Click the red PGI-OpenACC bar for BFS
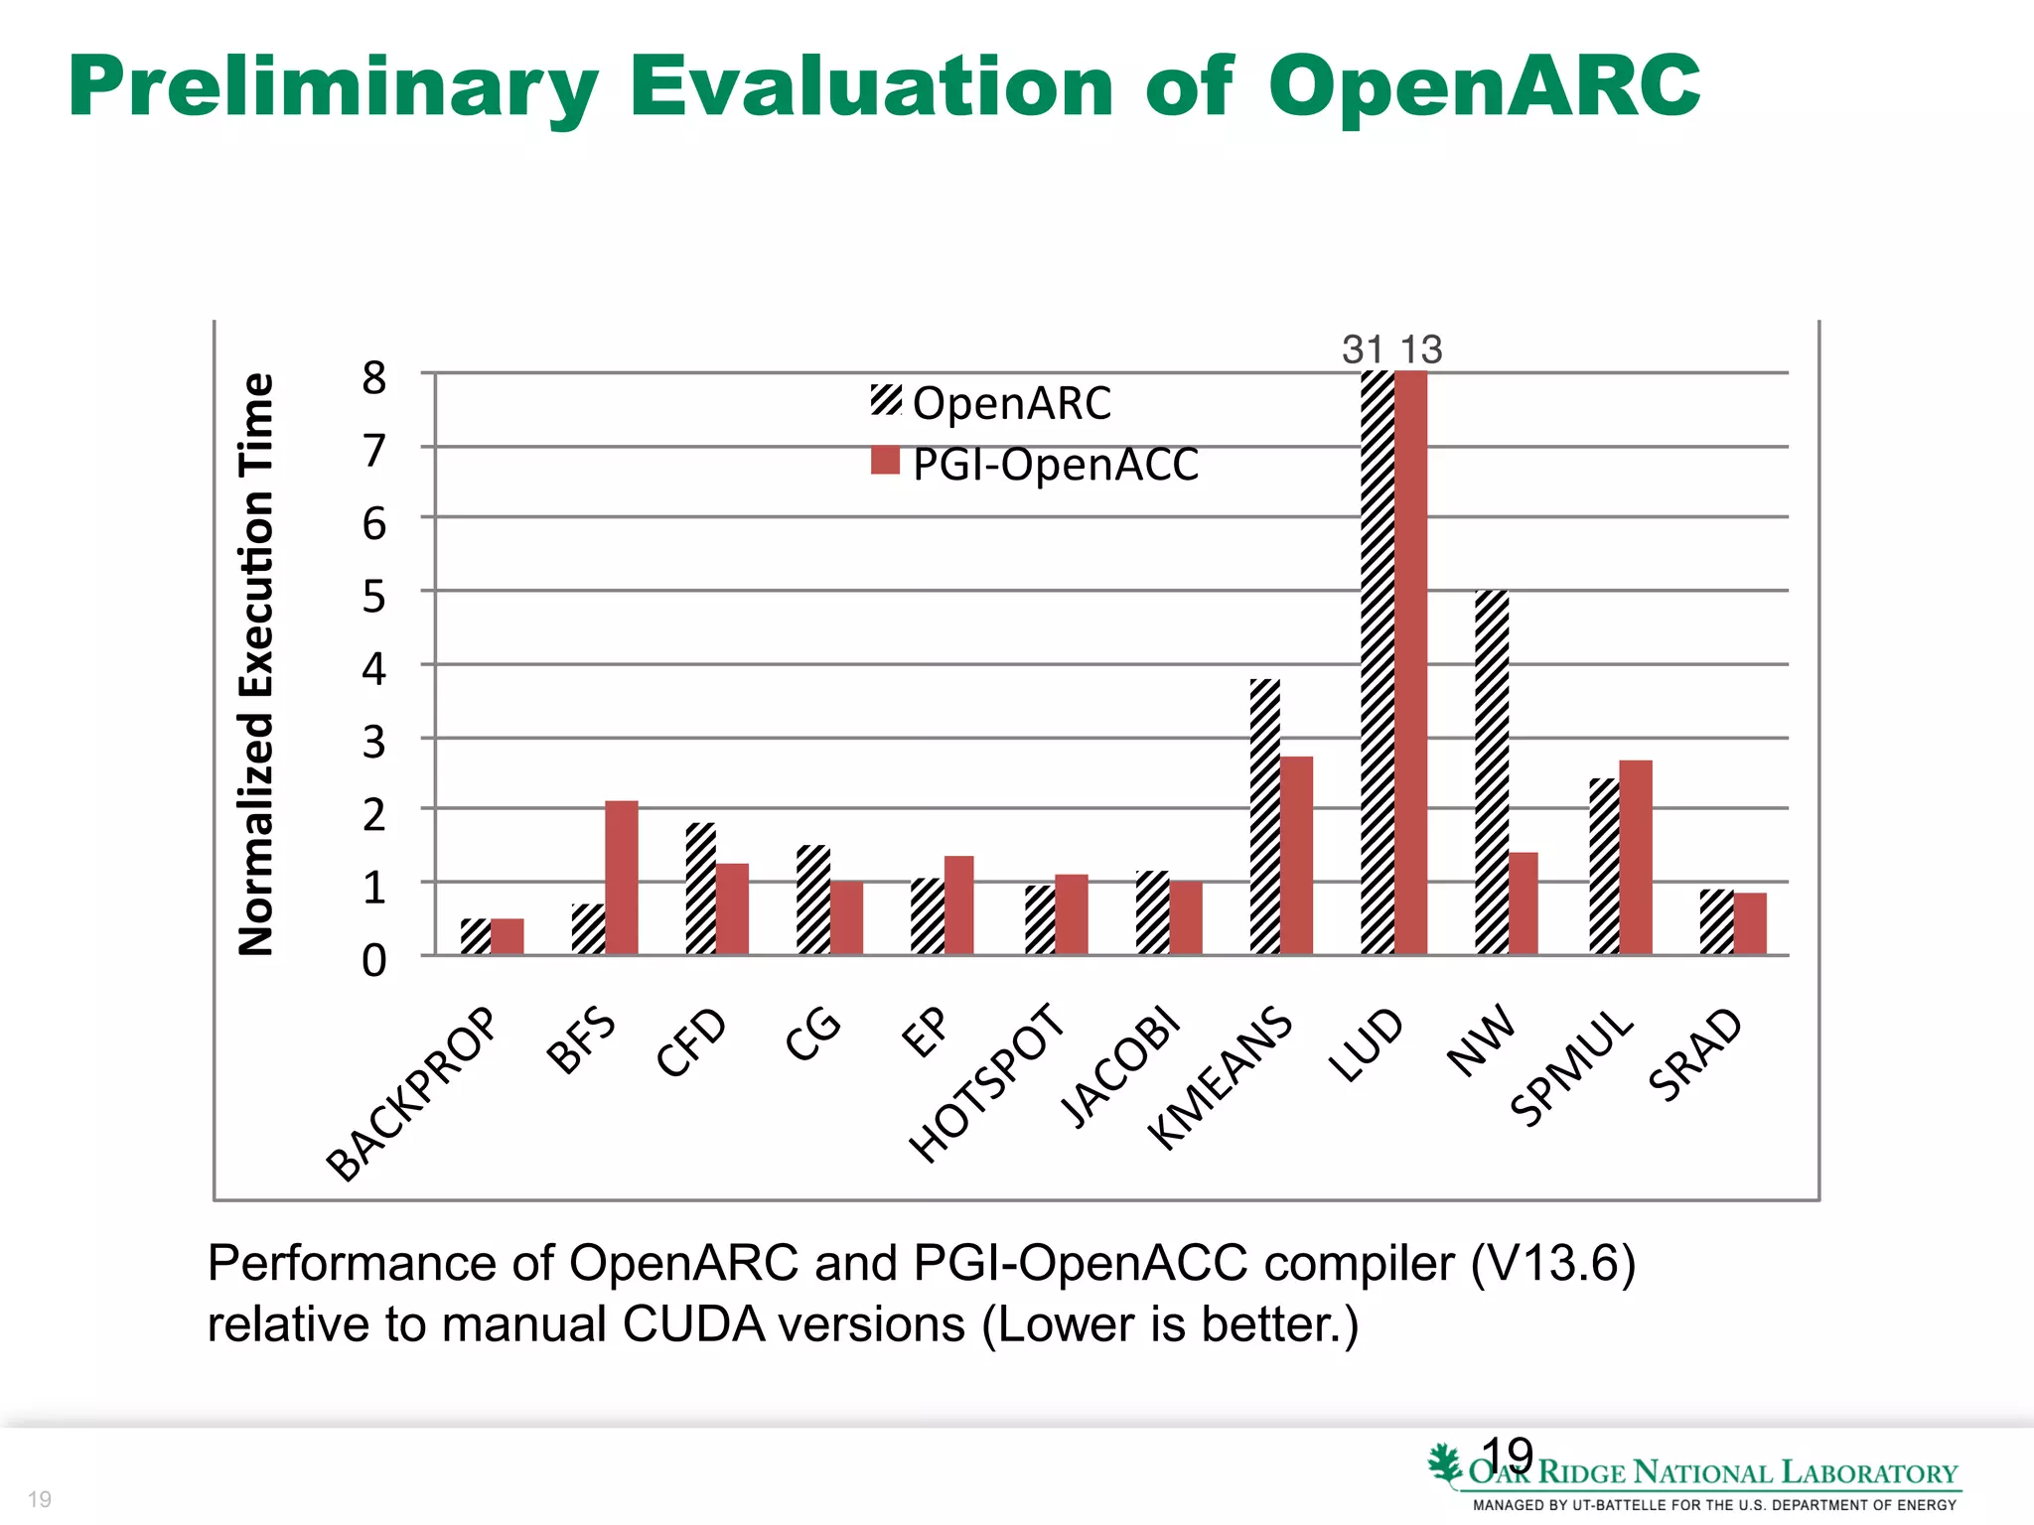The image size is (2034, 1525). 622,878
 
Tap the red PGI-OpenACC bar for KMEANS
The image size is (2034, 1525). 1296,856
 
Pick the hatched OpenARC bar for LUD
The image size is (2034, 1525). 1377,662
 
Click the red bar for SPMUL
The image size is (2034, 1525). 1635,858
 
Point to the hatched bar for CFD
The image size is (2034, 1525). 700,889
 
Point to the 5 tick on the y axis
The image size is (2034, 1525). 373,597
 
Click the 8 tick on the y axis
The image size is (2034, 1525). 373,378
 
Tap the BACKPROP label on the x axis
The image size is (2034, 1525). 411,1094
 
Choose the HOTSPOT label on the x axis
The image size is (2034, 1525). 986,1083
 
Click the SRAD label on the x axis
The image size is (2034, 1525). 1695,1055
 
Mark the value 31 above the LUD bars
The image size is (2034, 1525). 1362,349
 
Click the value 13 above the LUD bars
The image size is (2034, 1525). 1421,349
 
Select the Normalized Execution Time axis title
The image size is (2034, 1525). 256,664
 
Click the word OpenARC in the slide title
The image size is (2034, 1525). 1484,87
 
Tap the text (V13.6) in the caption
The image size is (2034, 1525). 1552,1264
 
